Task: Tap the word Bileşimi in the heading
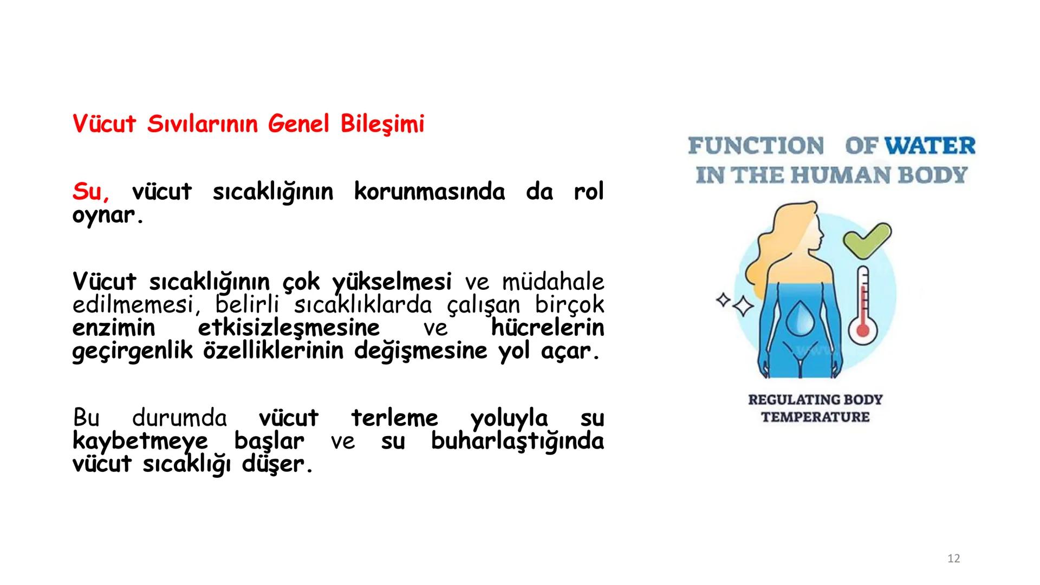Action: click(382, 125)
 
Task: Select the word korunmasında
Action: click(429, 192)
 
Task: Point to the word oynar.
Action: click(108, 216)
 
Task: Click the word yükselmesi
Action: click(392, 282)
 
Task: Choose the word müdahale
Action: click(552, 282)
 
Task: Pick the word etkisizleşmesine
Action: click(289, 328)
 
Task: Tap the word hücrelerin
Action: click(547, 328)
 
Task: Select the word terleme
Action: click(394, 418)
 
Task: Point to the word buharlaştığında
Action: click(517, 441)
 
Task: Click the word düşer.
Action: click(277, 464)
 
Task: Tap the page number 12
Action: click(953, 558)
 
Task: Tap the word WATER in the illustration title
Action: click(930, 146)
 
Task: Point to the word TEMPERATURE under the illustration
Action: click(815, 417)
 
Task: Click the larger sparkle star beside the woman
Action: click(743, 307)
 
